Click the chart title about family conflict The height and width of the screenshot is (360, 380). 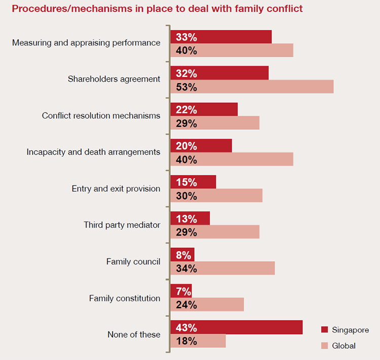coord(157,9)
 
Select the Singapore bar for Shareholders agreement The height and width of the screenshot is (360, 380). coord(219,73)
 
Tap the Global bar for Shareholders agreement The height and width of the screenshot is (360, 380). coord(252,87)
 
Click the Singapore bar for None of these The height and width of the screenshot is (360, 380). coord(236,328)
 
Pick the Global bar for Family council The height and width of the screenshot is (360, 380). coord(222,268)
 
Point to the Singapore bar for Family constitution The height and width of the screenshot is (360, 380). coord(181,291)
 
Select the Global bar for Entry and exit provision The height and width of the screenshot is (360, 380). coord(216,196)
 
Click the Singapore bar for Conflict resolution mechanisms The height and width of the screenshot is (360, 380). coord(204,110)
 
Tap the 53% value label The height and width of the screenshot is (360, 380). coord(186,87)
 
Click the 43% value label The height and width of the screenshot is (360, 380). coord(186,328)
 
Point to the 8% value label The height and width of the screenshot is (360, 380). coord(183,255)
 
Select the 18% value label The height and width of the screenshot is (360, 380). coord(186,341)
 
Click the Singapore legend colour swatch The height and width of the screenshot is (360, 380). coord(324,330)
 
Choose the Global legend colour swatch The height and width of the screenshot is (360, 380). coord(324,346)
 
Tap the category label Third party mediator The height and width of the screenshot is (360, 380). coord(122,225)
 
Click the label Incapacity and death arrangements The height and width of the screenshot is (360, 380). coord(93,152)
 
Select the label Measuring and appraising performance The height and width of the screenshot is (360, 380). coord(86,43)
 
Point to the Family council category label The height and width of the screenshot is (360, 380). coord(133,262)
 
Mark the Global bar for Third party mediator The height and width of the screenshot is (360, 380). coord(215,232)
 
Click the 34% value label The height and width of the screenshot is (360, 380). coord(186,269)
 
